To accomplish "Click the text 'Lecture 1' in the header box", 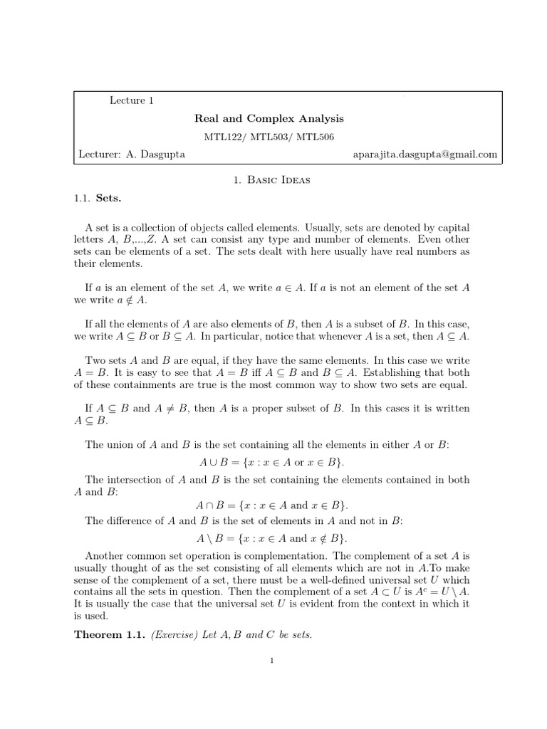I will tap(132, 100).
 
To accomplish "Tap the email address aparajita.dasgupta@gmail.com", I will tap(425, 154).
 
